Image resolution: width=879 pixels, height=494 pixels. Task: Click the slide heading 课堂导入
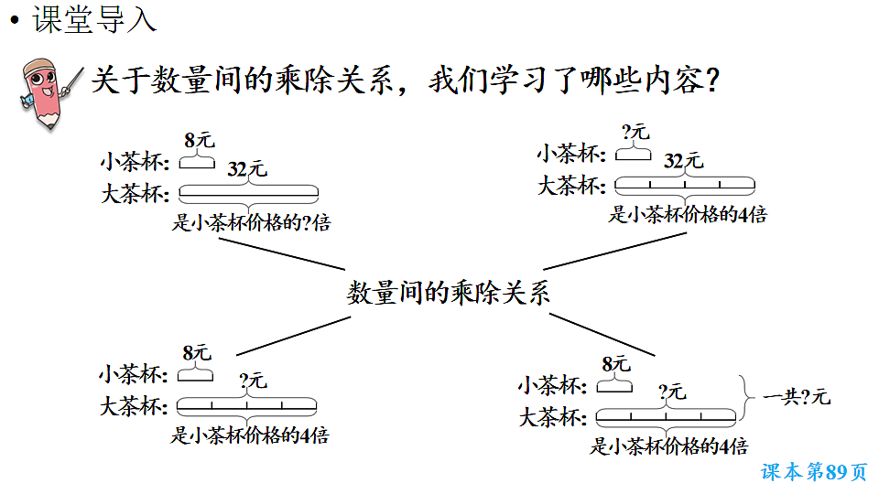[94, 20]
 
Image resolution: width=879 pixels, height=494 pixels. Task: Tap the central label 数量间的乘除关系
[449, 293]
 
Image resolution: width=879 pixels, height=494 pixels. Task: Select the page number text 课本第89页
[813, 472]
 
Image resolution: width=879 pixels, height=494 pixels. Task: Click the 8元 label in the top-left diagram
[198, 140]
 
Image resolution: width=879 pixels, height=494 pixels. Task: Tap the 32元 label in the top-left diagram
[247, 169]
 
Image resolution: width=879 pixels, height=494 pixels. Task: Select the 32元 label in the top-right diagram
[683, 161]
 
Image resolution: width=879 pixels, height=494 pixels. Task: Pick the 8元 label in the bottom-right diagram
[615, 364]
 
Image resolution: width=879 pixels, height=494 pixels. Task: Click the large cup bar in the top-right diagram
[685, 185]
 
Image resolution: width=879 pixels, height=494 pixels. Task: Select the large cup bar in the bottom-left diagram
[246, 404]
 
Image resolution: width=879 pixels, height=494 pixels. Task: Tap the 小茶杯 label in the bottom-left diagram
[134, 375]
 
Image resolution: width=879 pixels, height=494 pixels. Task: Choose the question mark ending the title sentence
[709, 81]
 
